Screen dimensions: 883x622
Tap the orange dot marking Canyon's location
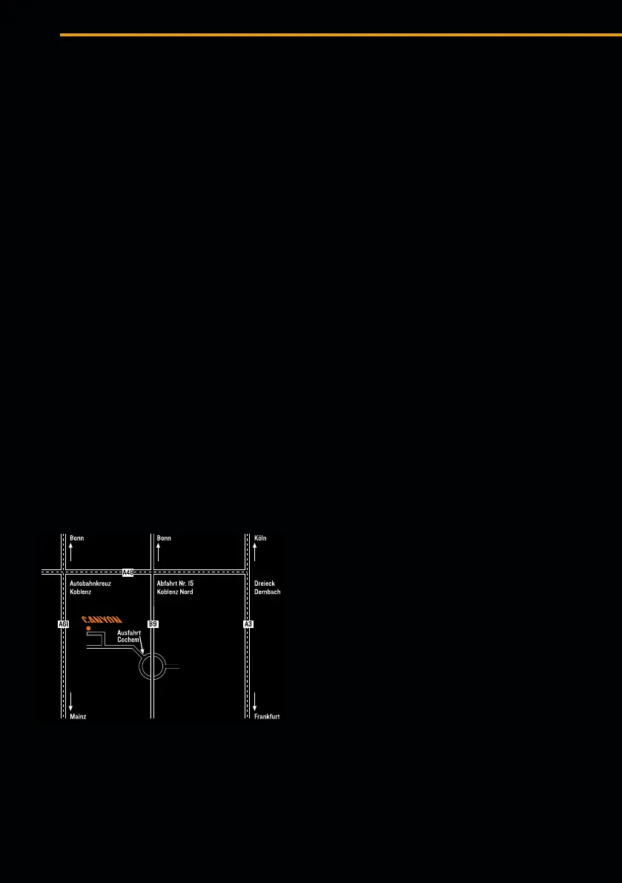[88, 628]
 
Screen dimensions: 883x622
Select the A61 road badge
[63, 624]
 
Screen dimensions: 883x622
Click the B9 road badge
[153, 624]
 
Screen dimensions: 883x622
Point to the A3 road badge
[248, 624]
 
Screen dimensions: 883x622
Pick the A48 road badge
[128, 572]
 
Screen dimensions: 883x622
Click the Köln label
[260, 538]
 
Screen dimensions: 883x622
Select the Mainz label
[78, 717]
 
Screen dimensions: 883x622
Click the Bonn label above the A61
[77, 538]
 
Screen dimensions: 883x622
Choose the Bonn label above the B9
[164, 538]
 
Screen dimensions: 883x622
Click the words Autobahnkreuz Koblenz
[90, 588]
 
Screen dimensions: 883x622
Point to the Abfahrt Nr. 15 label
[175, 583]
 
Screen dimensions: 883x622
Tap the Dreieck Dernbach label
[267, 588]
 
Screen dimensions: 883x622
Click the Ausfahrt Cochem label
[129, 636]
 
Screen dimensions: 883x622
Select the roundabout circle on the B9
[153, 667]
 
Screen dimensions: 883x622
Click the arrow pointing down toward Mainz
[71, 701]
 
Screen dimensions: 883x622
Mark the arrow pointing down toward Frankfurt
[255, 701]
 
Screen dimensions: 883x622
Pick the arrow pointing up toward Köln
[255, 552]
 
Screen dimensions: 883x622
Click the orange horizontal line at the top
[340, 35]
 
